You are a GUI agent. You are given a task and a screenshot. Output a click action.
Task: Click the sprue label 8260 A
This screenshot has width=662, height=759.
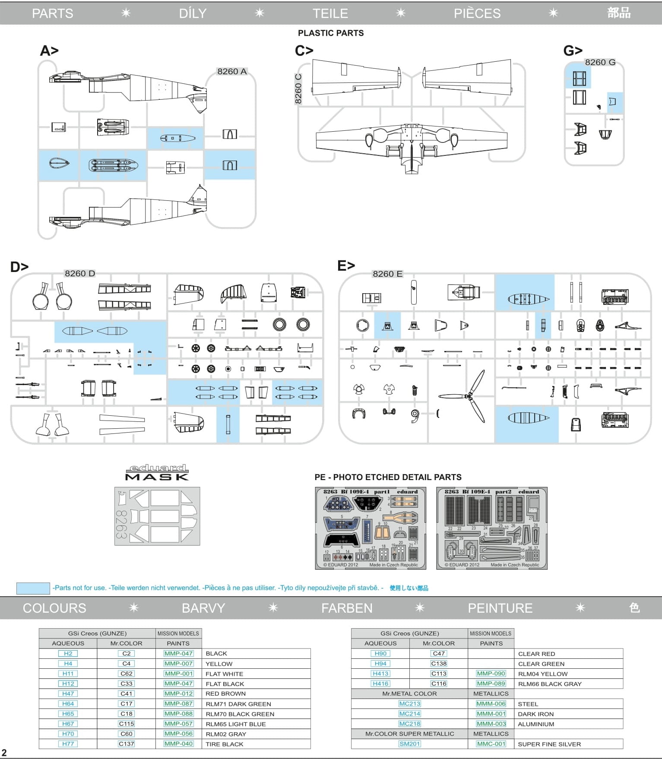[x=232, y=72]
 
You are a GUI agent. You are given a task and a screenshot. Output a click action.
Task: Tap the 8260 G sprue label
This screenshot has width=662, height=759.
[x=600, y=62]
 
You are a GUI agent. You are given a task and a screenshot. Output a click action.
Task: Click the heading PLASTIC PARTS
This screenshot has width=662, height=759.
[x=331, y=33]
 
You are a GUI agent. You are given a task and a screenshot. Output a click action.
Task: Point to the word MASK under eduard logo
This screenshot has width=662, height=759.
[x=157, y=477]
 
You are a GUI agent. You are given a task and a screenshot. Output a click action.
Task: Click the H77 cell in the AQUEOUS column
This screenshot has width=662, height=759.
[x=68, y=744]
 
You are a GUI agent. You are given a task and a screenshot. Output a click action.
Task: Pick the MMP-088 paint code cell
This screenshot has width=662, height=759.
[x=178, y=714]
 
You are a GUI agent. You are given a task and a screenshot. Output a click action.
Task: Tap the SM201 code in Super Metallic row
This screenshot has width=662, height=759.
[x=409, y=744]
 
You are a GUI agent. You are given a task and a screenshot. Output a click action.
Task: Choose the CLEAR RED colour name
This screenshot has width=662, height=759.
[x=536, y=654]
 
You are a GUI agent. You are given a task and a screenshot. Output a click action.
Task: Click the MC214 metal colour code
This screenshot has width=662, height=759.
[x=409, y=714]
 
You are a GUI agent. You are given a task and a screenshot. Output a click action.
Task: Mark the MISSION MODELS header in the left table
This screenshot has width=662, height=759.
[x=178, y=633]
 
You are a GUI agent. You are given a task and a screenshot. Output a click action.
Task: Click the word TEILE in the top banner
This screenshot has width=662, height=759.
[x=330, y=13]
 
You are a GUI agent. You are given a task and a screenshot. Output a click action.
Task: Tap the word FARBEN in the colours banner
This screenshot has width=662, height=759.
[x=347, y=608]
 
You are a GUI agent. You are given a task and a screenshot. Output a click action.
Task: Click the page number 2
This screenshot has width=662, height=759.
[x=4, y=753]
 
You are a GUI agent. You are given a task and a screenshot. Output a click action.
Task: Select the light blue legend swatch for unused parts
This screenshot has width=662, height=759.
[x=33, y=588]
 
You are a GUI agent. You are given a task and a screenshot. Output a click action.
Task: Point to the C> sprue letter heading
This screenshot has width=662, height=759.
[x=304, y=51]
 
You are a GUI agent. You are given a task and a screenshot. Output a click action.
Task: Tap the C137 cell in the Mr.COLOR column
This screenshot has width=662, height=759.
[x=126, y=744]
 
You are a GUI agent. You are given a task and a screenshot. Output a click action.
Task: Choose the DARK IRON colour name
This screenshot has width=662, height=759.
[x=535, y=714]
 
